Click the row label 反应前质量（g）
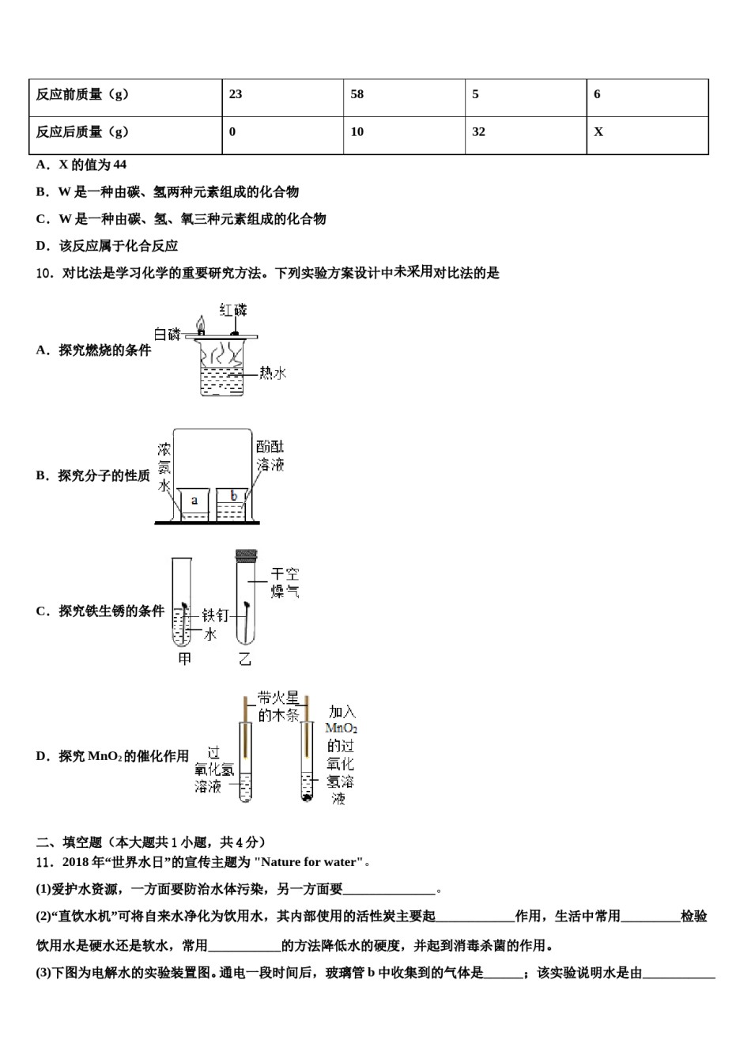point(82,94)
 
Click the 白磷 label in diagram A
point(167,335)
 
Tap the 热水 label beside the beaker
point(273,373)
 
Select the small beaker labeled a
point(194,503)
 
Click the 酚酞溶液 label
point(270,456)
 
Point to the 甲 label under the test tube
point(184,659)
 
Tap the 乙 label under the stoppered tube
point(245,659)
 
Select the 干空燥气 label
point(285,583)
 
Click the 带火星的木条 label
point(278,706)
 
